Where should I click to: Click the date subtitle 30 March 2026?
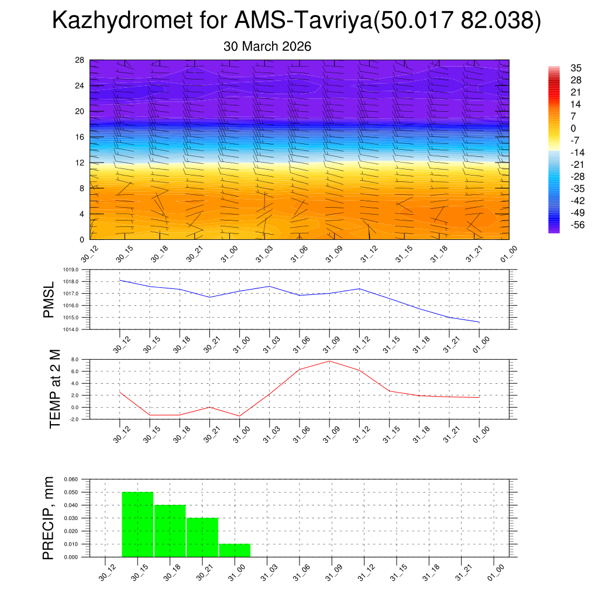(x=267, y=46)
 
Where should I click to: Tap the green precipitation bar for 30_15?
(x=137, y=524)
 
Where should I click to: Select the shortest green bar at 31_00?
(x=235, y=550)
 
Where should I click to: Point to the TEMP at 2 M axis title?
(x=55, y=389)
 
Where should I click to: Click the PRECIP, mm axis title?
(x=49, y=518)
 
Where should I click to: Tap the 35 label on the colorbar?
(x=576, y=68)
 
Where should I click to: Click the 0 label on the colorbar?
(x=573, y=129)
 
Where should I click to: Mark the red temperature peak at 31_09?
(x=329, y=361)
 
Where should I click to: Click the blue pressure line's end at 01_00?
(x=479, y=322)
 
